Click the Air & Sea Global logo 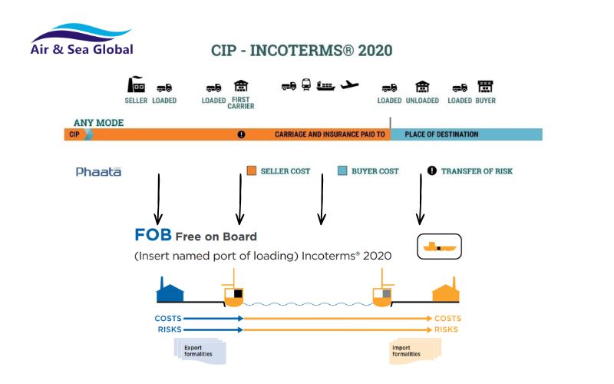82,39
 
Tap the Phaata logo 98,171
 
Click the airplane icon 349,84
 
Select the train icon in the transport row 306,84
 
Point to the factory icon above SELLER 136,84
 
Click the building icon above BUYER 485,86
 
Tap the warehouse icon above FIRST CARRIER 241,86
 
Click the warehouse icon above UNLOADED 422,87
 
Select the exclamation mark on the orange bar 241,134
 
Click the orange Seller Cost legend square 252,170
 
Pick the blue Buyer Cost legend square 342,170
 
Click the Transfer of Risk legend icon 431,170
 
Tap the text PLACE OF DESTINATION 441,134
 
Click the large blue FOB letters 153,235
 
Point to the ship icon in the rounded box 439,247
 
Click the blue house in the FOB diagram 170,290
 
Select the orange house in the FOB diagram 445,290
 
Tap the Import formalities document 415,351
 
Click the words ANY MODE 99,123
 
